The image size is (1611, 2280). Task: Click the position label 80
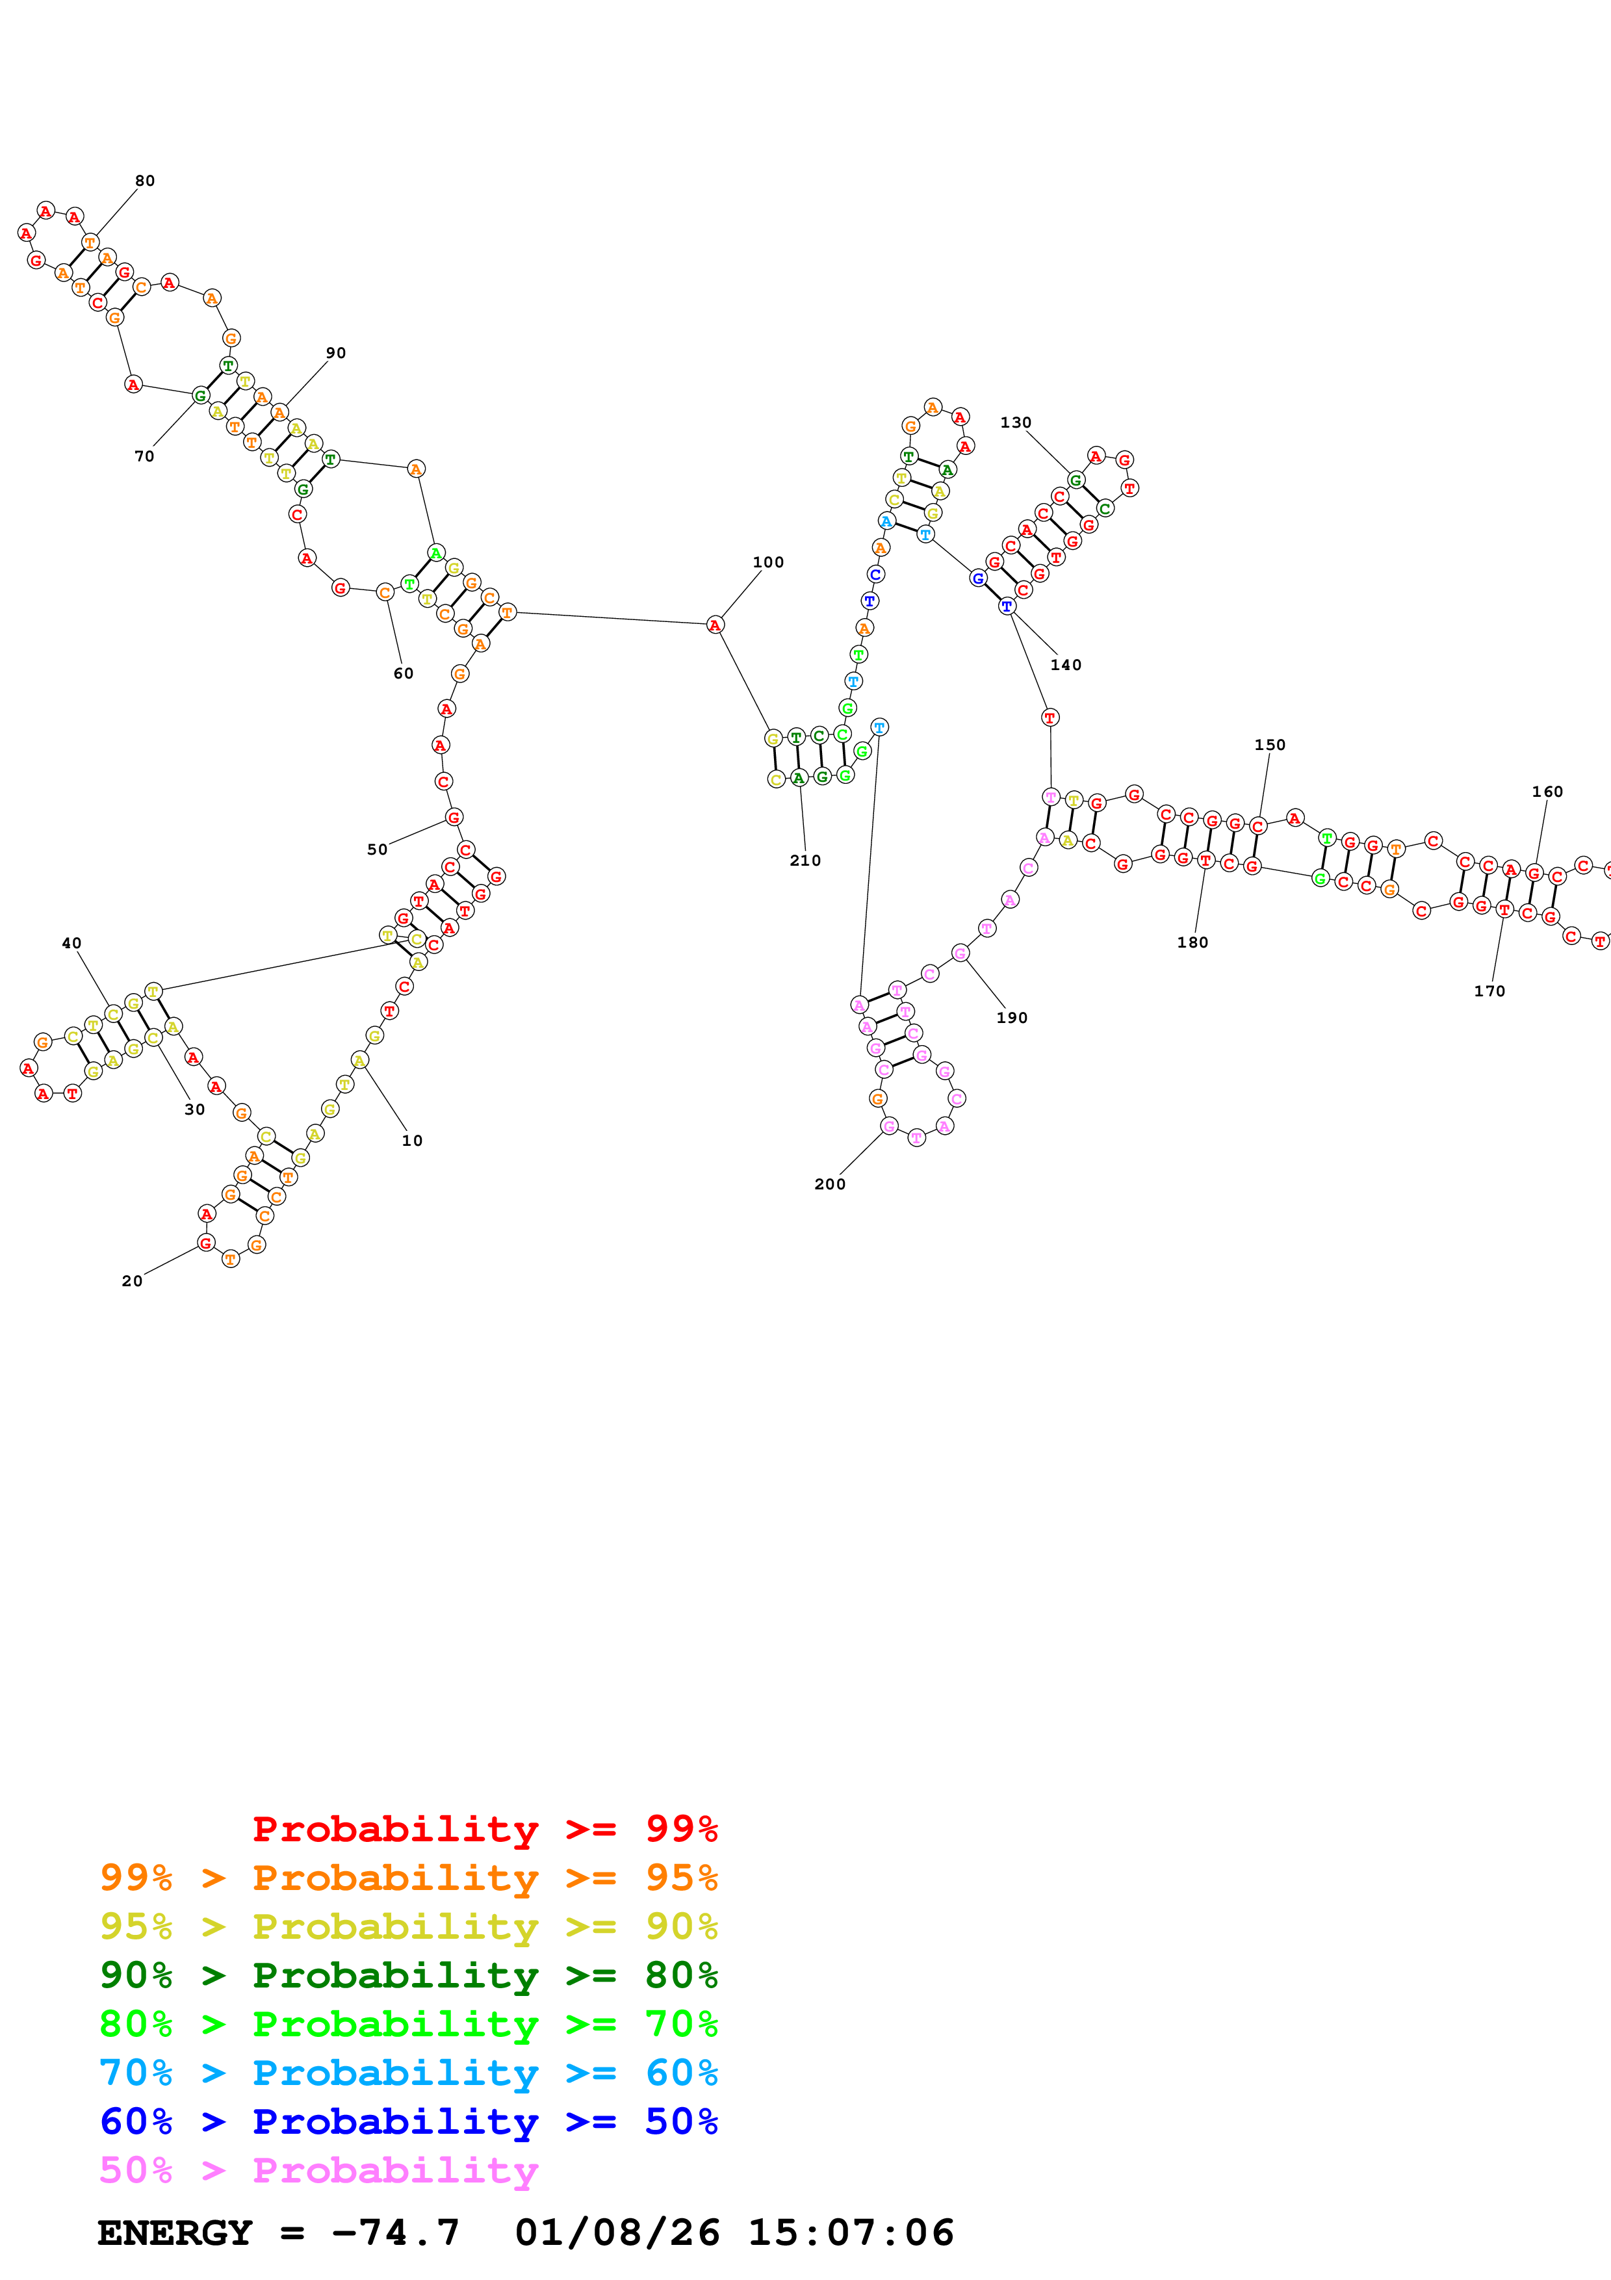[145, 181]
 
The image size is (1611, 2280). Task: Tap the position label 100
[768, 562]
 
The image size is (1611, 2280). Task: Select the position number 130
[1016, 422]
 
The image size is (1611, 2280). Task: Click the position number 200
[830, 1184]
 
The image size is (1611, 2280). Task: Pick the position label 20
[132, 1281]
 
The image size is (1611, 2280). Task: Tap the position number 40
[71, 943]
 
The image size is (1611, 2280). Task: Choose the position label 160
[1547, 792]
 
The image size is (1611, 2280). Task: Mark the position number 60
[403, 673]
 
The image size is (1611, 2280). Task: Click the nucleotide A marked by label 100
[715, 625]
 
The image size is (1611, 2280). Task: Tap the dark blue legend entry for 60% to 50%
[408, 2121]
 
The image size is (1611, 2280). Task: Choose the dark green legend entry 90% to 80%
[408, 1975]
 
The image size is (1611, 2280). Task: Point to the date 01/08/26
[617, 2233]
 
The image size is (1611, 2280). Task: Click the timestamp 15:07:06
[851, 2233]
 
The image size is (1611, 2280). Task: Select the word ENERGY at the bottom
[175, 2233]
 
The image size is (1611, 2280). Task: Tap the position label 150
[1270, 745]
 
